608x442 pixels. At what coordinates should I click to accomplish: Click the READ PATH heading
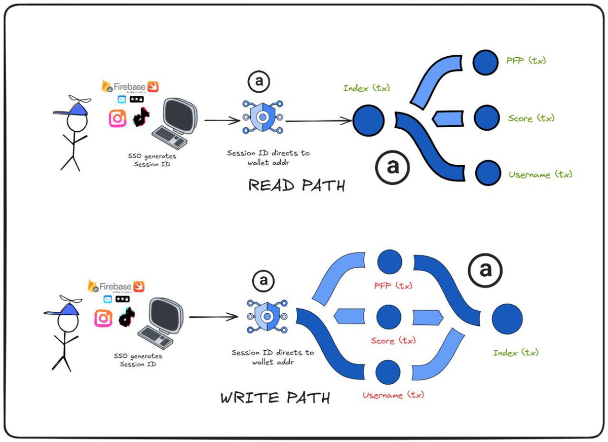coord(296,186)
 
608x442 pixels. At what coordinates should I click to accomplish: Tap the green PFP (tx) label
coord(526,60)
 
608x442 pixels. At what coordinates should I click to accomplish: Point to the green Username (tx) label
coord(540,174)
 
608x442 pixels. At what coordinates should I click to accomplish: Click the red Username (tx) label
coord(393,394)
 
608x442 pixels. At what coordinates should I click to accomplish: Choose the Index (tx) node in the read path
coord(368,120)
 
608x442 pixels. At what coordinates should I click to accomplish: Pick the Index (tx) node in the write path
coord(507,318)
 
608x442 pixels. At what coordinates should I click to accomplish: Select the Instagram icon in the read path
coord(118,118)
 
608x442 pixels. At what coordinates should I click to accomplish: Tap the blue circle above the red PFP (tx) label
coord(390,262)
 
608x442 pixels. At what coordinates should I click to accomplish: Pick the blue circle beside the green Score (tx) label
coord(487,118)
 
